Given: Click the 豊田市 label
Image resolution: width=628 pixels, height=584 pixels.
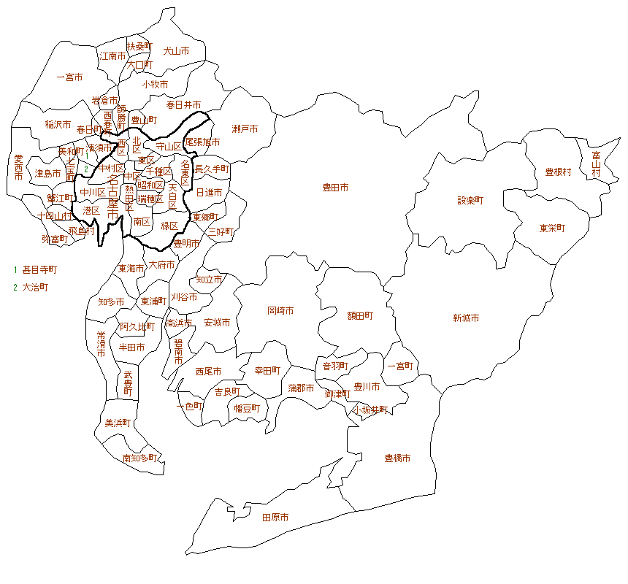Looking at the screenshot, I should pos(335,188).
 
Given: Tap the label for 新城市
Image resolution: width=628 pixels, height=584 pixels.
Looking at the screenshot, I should pos(465,318).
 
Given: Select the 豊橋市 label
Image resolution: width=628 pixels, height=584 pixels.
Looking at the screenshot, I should pos(397,458).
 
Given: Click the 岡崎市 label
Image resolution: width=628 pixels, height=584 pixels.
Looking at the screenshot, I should pos(280,310).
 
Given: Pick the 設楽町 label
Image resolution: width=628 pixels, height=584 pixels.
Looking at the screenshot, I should pos(470,199).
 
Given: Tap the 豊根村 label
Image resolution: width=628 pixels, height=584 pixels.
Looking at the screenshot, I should pos(558,172).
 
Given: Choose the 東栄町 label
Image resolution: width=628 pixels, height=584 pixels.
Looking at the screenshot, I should pos(552,228).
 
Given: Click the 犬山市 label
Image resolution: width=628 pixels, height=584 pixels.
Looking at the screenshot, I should pos(176,51).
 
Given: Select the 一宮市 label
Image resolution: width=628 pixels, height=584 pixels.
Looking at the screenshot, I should pos(69,77).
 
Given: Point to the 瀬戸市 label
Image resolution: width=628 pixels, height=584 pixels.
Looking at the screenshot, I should pos(245,129).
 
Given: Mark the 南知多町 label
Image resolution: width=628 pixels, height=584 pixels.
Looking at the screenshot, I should pos(139,458).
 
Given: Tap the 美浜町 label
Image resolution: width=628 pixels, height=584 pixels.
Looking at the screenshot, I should pos(118,423).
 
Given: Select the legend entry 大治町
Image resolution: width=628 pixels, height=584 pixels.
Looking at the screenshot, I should pos(35,287).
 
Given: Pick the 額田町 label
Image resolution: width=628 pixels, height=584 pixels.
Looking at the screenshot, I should pos(360,316).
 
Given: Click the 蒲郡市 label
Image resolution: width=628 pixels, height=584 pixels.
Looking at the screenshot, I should pos(301,388).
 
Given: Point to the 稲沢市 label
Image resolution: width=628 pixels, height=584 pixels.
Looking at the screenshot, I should pos(58,125).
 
